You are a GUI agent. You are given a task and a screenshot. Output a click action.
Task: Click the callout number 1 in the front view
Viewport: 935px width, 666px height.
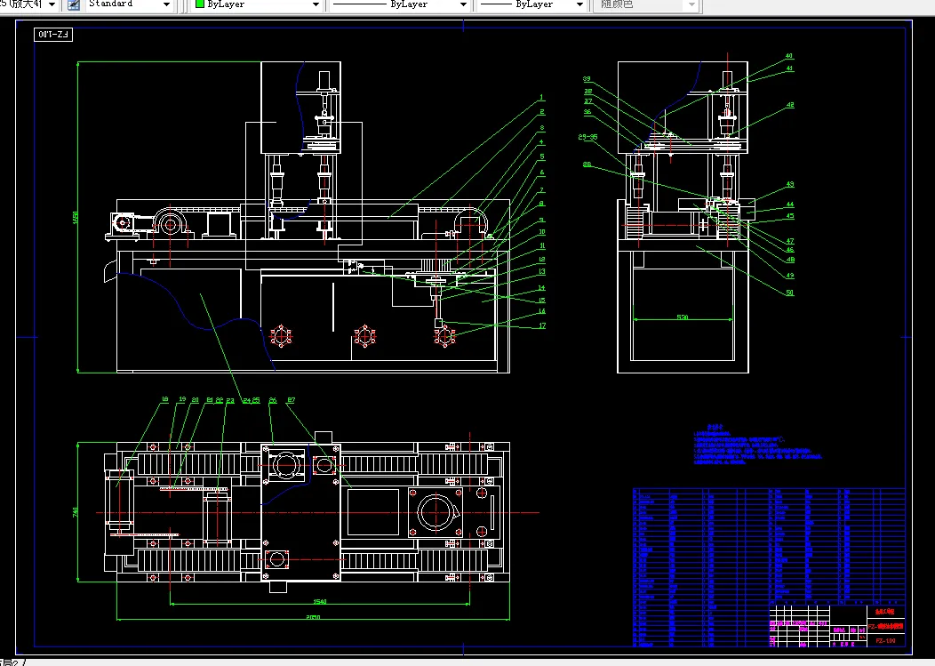(540, 96)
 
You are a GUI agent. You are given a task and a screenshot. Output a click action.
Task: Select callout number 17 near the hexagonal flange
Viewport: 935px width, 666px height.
(540, 325)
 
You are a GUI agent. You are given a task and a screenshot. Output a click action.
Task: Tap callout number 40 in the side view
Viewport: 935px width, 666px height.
(788, 57)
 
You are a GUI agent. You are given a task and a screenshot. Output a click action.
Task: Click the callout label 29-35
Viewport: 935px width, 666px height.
(587, 137)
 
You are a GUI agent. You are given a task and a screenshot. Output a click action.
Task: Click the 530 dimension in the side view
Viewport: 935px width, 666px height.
(683, 317)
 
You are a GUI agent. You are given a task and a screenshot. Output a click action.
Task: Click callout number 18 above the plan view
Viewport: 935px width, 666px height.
(164, 400)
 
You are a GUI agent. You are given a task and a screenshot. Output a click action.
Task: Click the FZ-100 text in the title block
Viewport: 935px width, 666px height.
(884, 639)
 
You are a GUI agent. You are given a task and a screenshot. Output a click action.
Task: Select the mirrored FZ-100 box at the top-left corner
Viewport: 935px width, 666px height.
(54, 35)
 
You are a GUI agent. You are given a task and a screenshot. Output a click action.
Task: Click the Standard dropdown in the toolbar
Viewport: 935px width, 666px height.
(129, 4)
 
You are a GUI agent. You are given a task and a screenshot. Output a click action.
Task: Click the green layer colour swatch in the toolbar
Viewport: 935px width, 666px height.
(200, 4)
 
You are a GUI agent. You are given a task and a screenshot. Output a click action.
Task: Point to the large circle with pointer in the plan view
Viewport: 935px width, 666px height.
(436, 511)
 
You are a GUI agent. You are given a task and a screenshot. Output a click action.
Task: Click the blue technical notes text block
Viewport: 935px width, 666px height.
(755, 445)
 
